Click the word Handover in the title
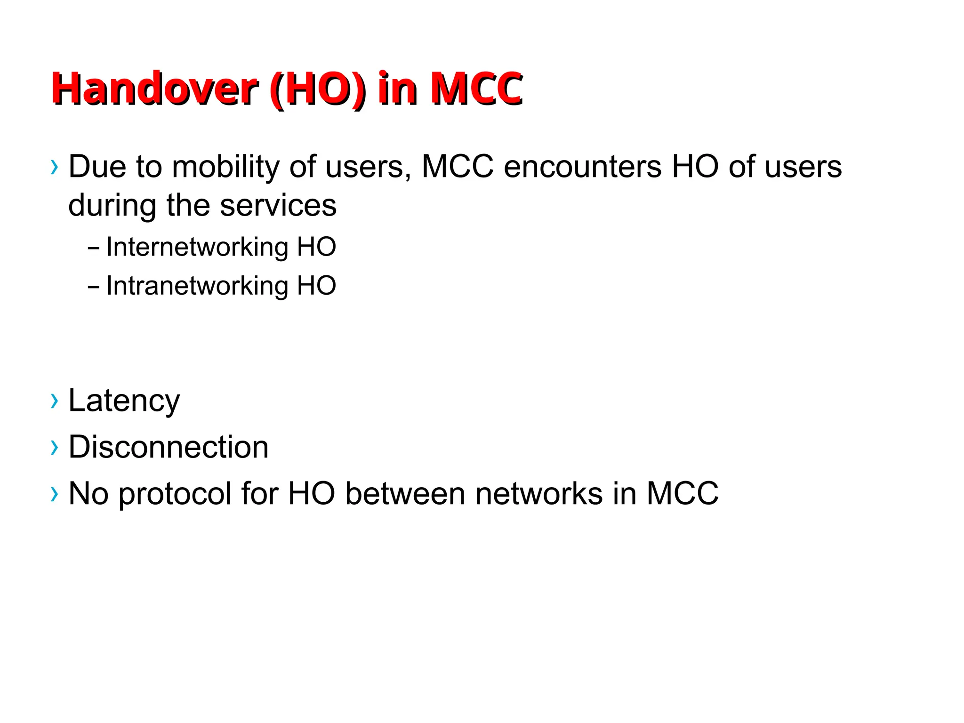point(154,89)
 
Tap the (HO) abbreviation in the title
point(318,89)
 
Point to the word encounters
point(583,167)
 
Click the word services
point(278,205)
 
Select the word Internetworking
point(197,247)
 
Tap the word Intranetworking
point(197,286)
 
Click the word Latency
point(124,401)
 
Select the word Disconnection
point(169,447)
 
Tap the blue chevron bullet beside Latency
point(55,401)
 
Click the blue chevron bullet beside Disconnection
point(55,448)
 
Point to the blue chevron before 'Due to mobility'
point(55,167)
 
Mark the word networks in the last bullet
point(539,494)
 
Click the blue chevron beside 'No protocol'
point(55,494)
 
